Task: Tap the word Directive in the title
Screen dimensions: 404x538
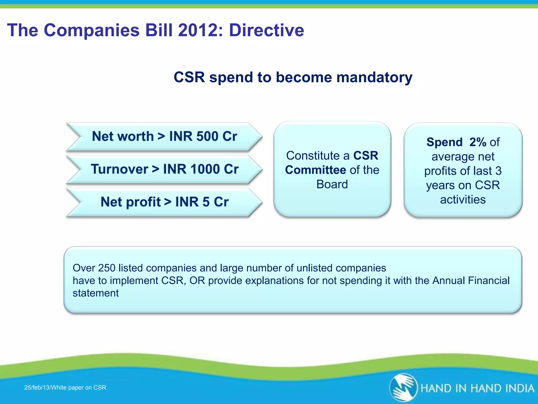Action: coord(266,30)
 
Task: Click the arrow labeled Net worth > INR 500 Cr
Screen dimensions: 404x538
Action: coord(164,137)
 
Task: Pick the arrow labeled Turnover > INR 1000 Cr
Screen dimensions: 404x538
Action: coord(164,169)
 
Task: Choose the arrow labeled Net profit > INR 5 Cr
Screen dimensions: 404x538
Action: coord(164,202)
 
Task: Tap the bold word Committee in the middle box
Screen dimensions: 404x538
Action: coord(315,170)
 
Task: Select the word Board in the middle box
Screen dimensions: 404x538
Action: coord(332,184)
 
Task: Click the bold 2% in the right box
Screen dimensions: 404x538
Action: coord(478,142)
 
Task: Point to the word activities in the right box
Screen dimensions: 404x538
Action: coord(463,200)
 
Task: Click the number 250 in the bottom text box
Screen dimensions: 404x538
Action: coord(107,268)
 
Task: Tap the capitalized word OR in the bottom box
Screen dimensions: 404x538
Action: coord(197,281)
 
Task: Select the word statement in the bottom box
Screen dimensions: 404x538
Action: coord(96,293)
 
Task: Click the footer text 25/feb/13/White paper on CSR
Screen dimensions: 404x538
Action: coord(65,387)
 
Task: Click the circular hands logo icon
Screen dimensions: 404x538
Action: coord(403,388)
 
